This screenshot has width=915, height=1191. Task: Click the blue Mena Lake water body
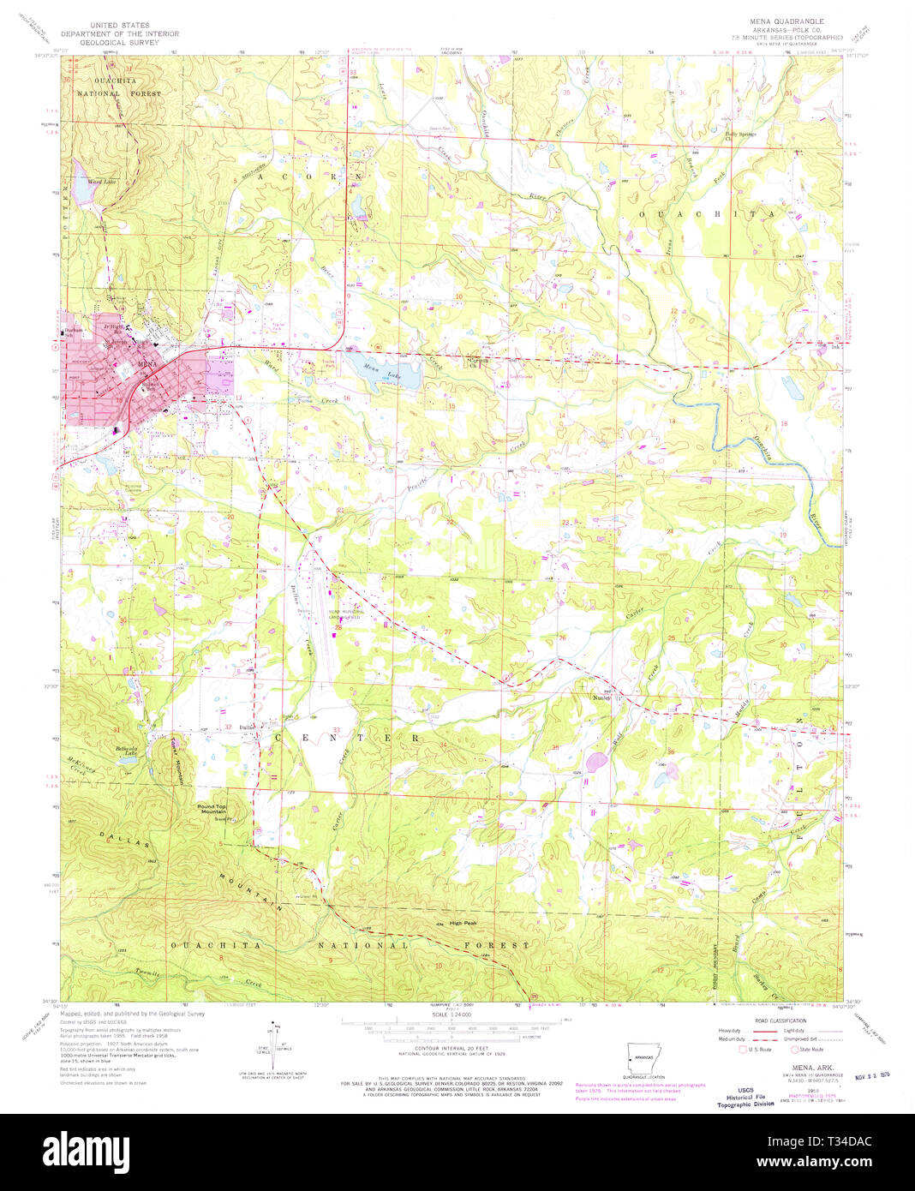point(386,373)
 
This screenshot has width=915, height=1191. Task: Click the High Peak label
point(462,923)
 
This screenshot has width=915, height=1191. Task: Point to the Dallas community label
point(248,728)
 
